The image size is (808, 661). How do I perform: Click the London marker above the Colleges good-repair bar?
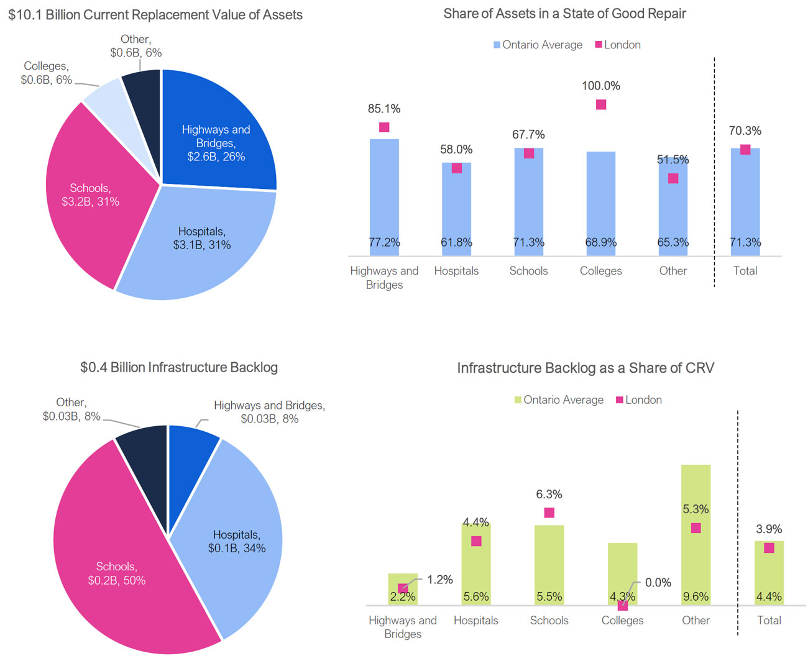601,105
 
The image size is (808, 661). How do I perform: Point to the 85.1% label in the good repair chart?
384,109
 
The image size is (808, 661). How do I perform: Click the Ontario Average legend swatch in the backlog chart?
518,400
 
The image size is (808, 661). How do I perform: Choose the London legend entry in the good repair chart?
618,45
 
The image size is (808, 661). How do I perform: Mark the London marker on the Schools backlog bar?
549,513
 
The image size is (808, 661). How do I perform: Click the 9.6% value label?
696,596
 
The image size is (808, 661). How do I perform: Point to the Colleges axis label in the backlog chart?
623,620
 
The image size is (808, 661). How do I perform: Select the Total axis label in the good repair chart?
745,271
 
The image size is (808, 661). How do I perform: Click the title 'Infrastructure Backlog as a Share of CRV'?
585,368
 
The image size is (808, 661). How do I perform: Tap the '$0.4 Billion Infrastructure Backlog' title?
179,367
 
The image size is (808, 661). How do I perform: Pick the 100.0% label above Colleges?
601,86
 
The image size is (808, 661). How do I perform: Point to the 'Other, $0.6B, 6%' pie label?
135,47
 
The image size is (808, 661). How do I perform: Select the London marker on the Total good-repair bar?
745,150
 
